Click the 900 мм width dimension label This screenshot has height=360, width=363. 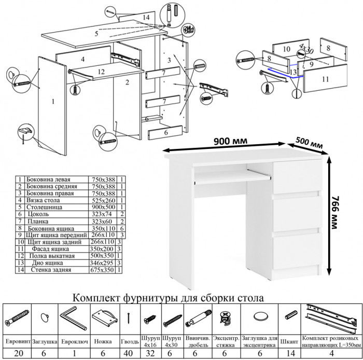coord(228,141)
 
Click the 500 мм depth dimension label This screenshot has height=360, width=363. coord(310,142)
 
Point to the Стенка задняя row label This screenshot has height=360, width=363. coord(51,270)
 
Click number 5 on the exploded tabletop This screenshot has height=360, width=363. coord(96,34)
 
